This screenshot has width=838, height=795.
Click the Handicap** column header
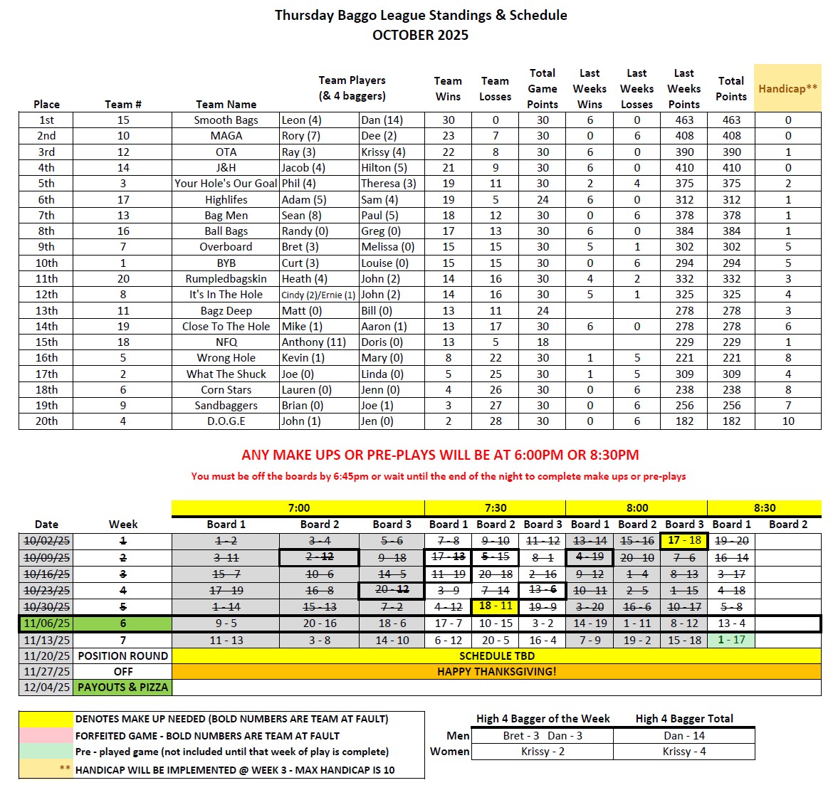point(787,88)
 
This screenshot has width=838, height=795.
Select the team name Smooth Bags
point(226,120)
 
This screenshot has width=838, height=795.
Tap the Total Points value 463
point(731,120)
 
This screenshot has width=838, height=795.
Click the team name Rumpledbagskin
point(226,279)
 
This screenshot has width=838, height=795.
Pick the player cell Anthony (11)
point(313,342)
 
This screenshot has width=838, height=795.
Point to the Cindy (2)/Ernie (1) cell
point(318,295)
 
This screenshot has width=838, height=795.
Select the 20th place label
point(46,421)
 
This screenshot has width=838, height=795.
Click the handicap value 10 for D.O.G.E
point(787,421)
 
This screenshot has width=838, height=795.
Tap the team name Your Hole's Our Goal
point(226,184)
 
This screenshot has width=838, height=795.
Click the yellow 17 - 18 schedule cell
point(684,540)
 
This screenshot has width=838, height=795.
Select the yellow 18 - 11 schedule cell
point(496,606)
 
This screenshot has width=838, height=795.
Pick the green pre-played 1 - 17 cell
point(731,640)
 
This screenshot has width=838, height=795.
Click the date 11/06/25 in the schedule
point(46,623)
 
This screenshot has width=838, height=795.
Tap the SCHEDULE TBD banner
point(496,656)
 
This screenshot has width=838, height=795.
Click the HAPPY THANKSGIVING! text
point(496,672)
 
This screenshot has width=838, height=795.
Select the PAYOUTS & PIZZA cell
point(122,688)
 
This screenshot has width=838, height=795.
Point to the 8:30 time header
point(764,508)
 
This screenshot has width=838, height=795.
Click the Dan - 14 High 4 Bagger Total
point(684,736)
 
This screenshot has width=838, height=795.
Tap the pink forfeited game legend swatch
point(46,736)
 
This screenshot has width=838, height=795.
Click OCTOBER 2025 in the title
point(420,35)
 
